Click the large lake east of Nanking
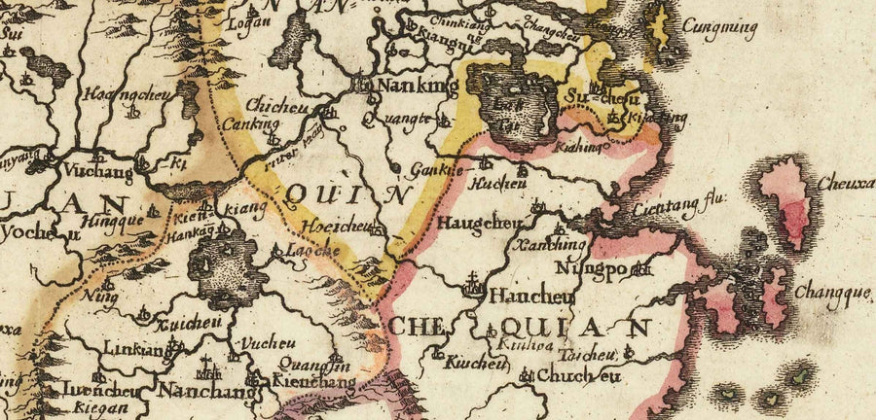point(511,102)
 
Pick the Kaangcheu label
point(116,95)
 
